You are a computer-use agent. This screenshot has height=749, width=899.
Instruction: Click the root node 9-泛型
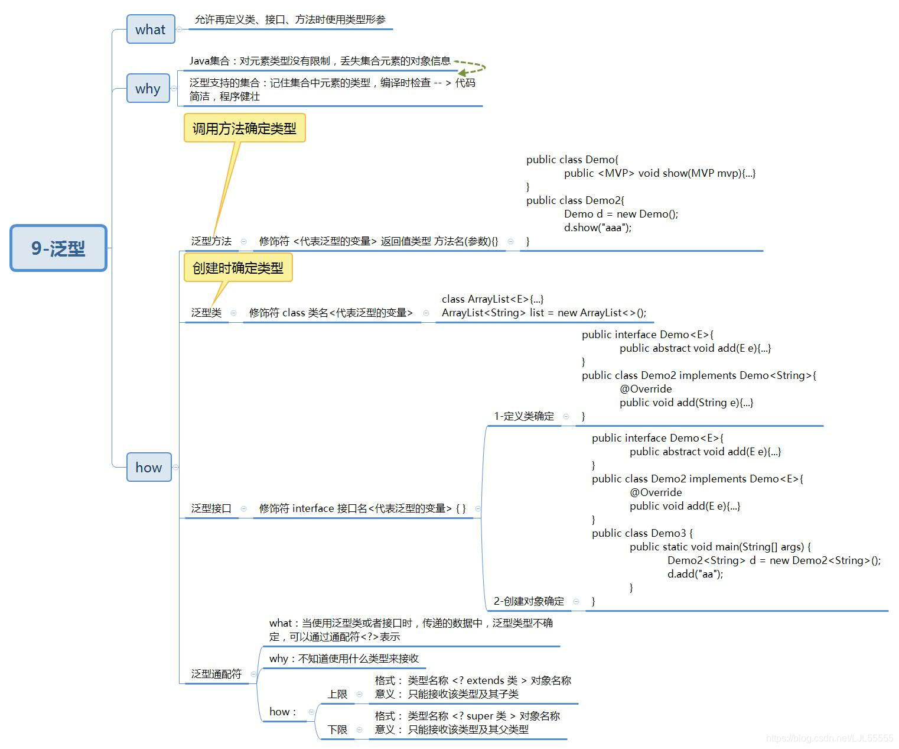(x=58, y=248)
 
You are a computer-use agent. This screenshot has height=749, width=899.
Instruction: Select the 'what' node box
(x=151, y=30)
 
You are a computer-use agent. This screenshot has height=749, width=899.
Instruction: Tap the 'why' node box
(x=148, y=89)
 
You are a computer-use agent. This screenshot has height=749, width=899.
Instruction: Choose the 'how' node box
(x=149, y=467)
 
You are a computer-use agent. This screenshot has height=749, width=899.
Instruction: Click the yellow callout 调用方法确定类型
(x=245, y=128)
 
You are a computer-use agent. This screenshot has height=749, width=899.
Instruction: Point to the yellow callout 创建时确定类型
(x=238, y=268)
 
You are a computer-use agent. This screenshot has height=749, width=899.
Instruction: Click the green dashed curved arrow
(x=471, y=67)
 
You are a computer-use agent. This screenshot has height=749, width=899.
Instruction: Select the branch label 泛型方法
(x=211, y=241)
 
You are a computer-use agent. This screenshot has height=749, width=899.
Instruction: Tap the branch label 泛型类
(x=206, y=313)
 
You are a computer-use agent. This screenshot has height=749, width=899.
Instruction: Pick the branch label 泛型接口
(x=211, y=508)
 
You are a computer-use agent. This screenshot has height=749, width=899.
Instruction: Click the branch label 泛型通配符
(x=216, y=674)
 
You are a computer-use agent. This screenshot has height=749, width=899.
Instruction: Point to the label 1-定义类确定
(x=524, y=416)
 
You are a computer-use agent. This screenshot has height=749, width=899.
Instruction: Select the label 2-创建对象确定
(x=529, y=601)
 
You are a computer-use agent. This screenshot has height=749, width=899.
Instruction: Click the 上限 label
(x=337, y=694)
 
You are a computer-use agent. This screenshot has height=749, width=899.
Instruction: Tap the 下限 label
(x=337, y=729)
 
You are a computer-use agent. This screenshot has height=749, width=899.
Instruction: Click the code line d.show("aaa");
(x=598, y=228)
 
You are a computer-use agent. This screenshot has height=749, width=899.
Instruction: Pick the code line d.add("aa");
(x=695, y=574)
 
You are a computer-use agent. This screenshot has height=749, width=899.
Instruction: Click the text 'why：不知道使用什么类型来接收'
(x=344, y=659)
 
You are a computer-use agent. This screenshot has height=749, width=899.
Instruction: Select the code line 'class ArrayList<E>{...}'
(x=493, y=299)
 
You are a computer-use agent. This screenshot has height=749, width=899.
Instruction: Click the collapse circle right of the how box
(x=175, y=467)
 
